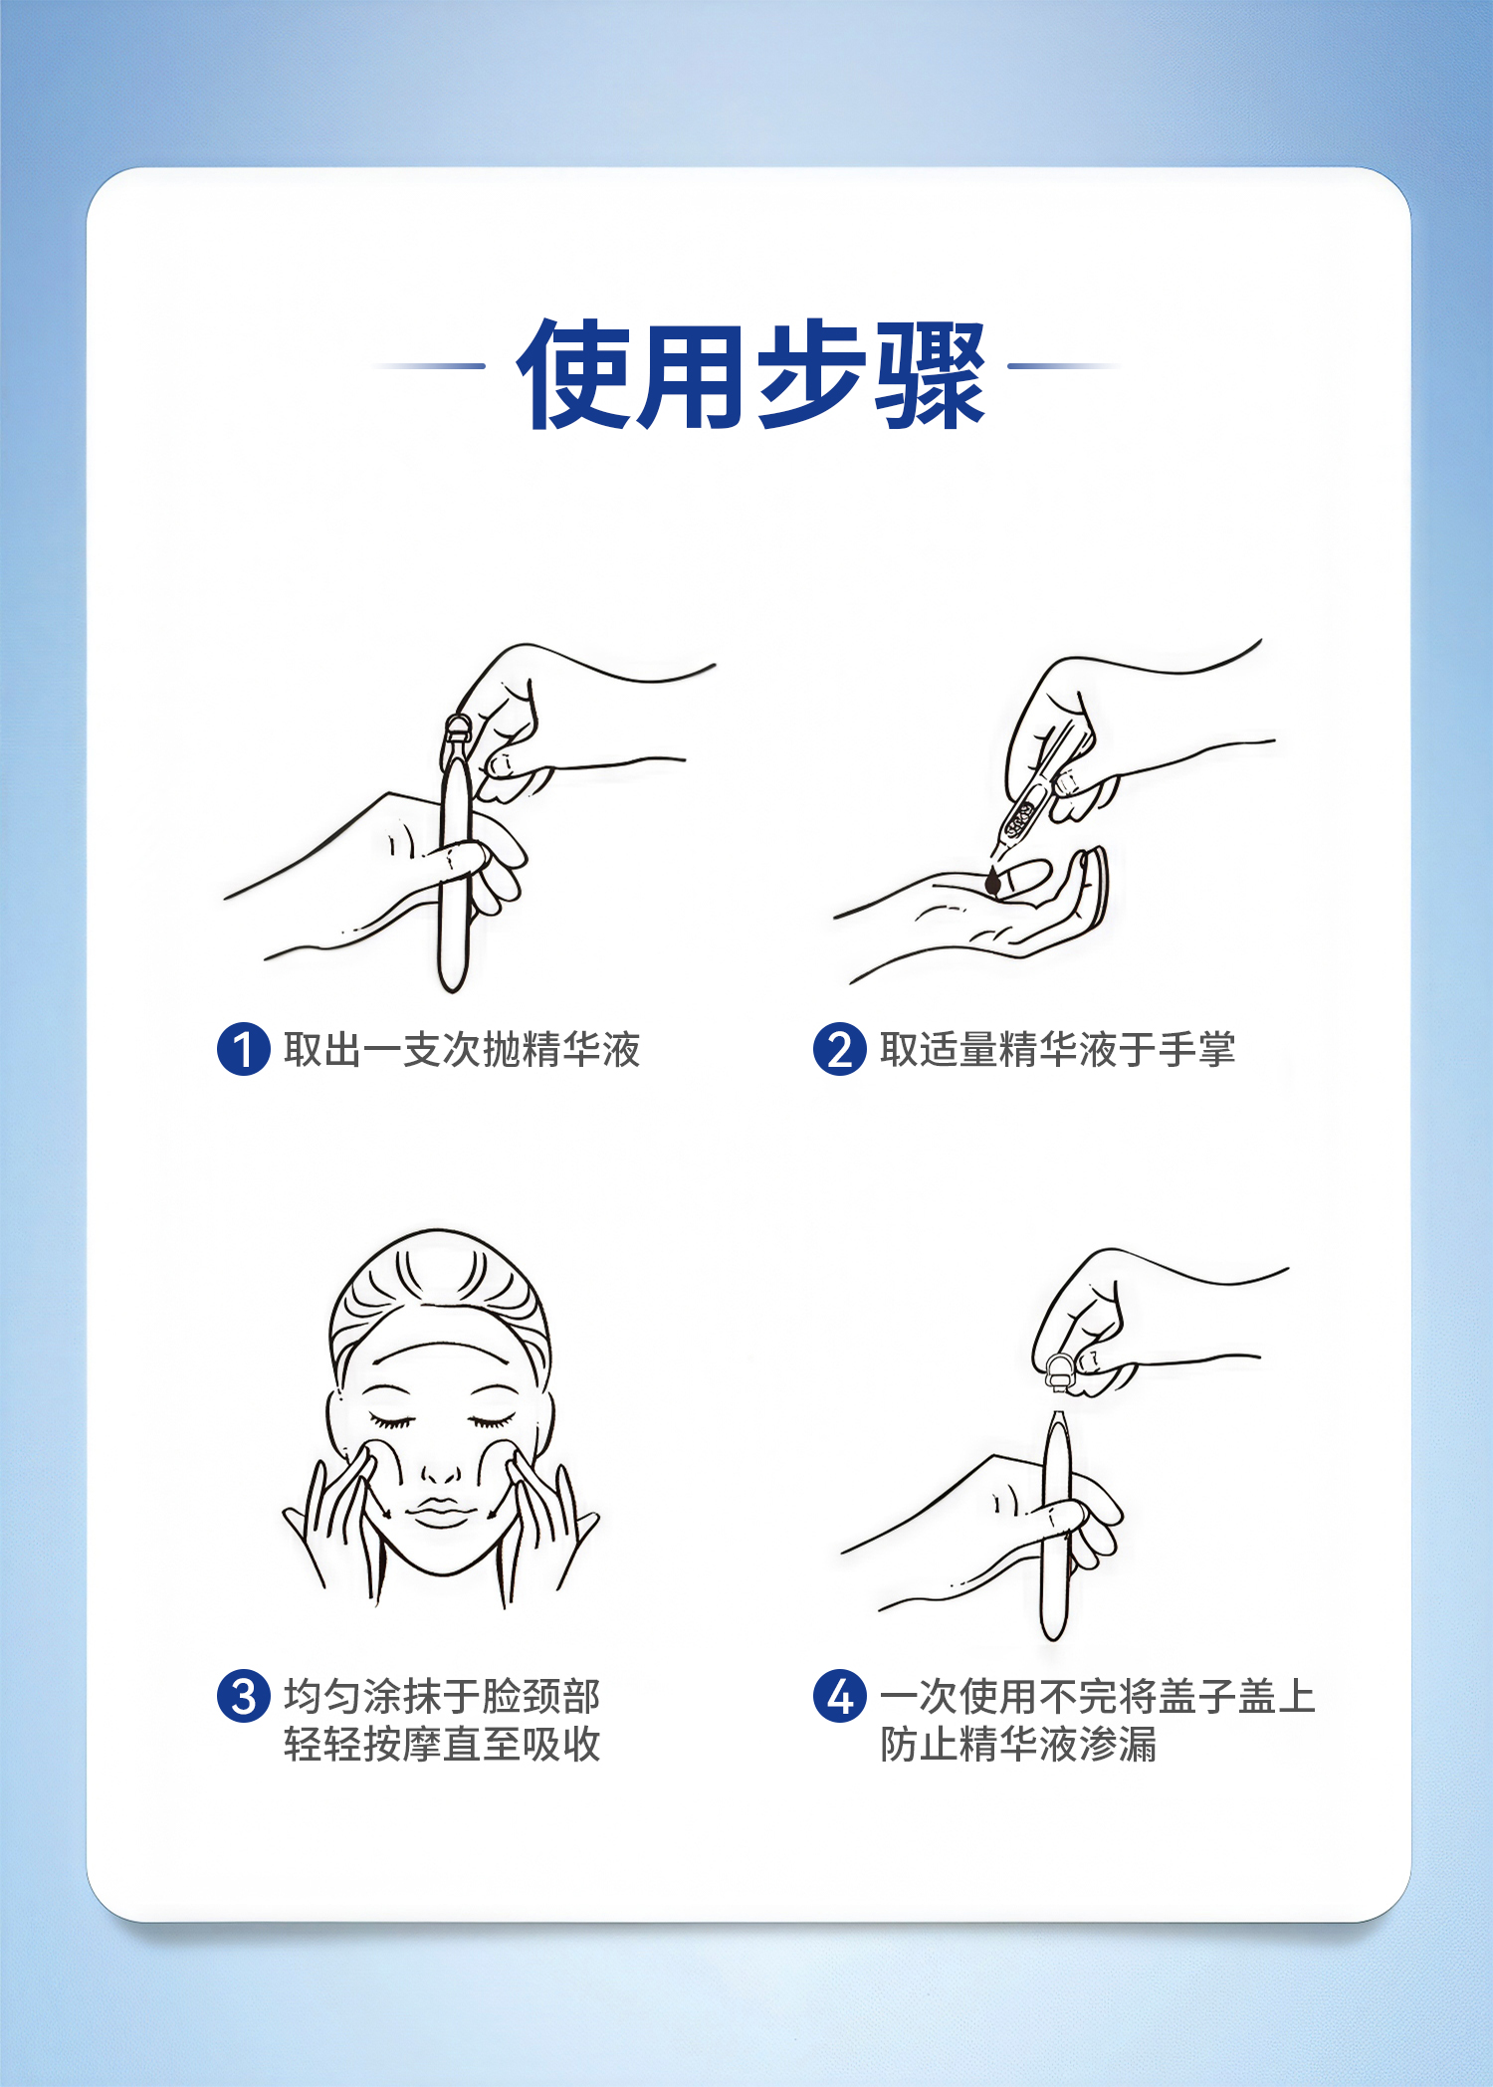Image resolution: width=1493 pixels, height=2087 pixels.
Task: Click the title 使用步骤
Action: [751, 374]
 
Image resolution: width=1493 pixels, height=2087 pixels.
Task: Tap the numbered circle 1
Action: [244, 1049]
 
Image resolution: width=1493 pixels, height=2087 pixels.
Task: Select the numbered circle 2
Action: [840, 1049]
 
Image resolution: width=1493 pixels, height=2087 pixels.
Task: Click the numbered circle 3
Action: [244, 1696]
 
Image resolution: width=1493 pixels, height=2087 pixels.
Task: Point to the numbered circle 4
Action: [840, 1696]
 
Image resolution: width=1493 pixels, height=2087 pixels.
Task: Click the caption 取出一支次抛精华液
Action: [462, 1050]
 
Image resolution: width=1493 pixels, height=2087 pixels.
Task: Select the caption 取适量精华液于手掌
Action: [1058, 1050]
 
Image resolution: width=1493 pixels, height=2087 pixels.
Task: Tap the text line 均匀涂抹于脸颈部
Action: [442, 1696]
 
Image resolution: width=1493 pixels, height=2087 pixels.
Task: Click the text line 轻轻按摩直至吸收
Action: [442, 1744]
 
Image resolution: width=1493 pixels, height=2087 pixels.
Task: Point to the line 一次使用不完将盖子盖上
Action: [1098, 1696]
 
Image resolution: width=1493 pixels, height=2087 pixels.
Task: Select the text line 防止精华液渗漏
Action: [1018, 1744]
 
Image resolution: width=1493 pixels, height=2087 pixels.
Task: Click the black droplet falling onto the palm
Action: [992, 882]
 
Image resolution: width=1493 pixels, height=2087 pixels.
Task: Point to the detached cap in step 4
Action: [1059, 1372]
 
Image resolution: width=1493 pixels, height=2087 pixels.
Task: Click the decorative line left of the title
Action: [429, 366]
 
